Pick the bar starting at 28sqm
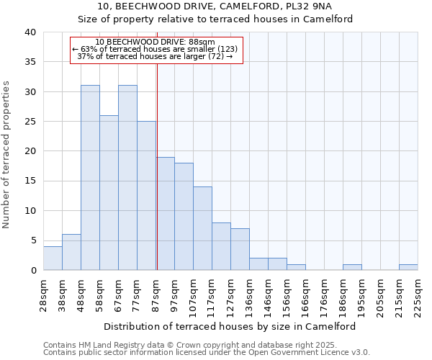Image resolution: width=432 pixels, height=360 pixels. point(53,258)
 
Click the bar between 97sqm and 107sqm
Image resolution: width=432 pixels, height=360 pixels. point(184,217)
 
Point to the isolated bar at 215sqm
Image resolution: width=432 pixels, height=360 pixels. point(408,267)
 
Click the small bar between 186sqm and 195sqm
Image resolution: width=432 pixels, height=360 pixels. point(352,267)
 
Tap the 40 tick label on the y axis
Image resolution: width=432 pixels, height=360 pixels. point(30,32)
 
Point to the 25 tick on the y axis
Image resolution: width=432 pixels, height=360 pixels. point(30,122)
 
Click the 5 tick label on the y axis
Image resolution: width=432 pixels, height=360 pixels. point(32,240)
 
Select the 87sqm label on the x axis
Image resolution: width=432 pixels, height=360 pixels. point(156,292)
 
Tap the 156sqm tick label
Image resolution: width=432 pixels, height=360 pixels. point(287,294)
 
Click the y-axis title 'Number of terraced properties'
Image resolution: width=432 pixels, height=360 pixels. point(6,154)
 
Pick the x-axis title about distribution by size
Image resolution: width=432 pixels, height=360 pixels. point(230,326)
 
